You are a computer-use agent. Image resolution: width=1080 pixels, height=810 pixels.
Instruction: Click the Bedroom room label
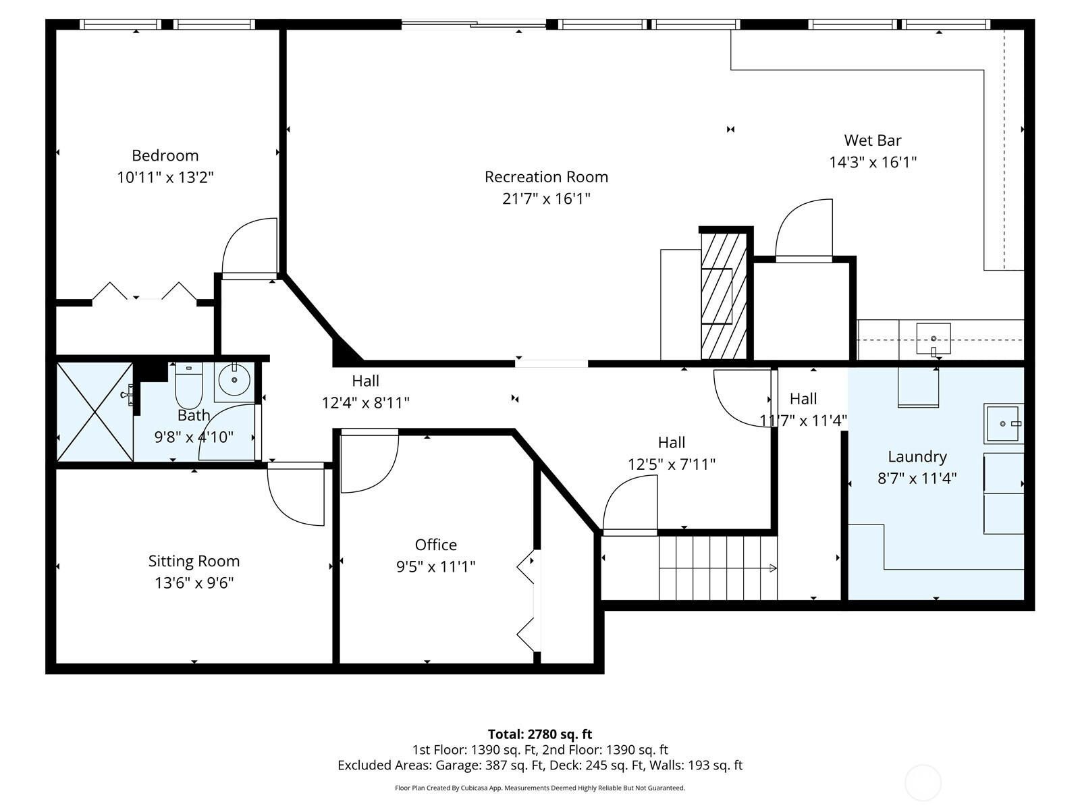click(165, 155)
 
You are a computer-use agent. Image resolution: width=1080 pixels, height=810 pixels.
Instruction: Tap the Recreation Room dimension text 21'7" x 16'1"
click(546, 198)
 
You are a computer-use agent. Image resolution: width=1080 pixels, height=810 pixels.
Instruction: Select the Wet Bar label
click(873, 140)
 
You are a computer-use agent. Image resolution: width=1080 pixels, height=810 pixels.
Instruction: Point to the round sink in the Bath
click(234, 379)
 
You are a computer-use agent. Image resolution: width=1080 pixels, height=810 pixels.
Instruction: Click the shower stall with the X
click(94, 412)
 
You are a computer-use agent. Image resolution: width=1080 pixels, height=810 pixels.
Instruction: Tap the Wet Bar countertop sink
click(934, 339)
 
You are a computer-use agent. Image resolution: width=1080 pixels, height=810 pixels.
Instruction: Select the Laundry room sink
click(1002, 423)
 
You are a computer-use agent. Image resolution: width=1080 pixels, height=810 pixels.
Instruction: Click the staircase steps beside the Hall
click(718, 568)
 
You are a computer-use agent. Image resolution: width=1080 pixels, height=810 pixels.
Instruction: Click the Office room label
click(436, 545)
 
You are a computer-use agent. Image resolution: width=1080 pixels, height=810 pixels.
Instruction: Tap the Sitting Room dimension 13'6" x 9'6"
click(194, 583)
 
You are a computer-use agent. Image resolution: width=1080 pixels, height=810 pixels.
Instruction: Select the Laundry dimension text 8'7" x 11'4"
click(917, 478)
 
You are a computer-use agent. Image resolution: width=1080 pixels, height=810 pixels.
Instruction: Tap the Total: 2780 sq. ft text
click(540, 734)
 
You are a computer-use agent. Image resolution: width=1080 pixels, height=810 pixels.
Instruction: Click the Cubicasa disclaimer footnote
click(540, 788)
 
